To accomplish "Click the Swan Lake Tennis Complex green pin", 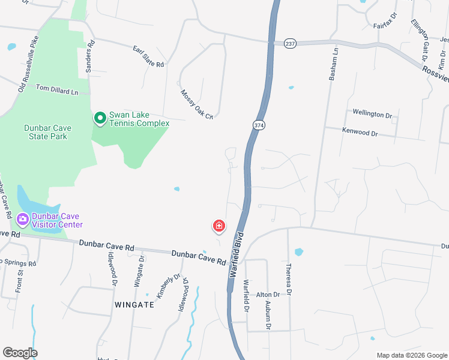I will coord(100,119).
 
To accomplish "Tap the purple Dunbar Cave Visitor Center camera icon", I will coord(23,220).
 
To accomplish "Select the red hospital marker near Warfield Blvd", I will coord(219,226).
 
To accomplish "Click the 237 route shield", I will coord(291,43).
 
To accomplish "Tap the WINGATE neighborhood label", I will coord(134,304).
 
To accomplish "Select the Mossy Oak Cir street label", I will coord(197,104).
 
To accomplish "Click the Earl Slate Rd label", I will coord(148,55).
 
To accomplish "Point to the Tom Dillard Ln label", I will coord(58,90).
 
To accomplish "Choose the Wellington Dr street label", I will coord(372,113).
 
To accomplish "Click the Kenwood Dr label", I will coord(360,131).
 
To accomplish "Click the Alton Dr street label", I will coord(268,295).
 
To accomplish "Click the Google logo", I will coord(20,353).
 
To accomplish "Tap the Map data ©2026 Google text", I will coord(411,355).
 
